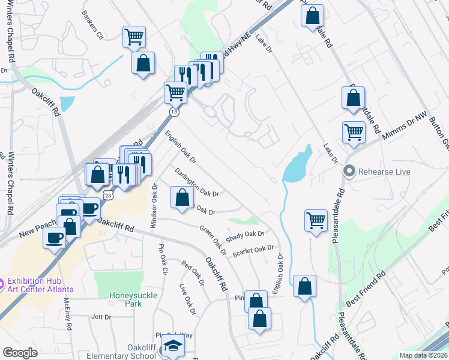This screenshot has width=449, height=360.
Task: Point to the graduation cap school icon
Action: coord(173,346)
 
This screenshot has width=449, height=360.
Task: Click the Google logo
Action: coord(20,353)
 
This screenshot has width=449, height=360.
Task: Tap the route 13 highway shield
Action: coord(173,112)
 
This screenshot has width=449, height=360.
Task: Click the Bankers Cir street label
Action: coord(93,32)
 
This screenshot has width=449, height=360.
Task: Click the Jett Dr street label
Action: coord(101,317)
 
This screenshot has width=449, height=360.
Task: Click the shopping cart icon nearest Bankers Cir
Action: coord(134,37)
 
